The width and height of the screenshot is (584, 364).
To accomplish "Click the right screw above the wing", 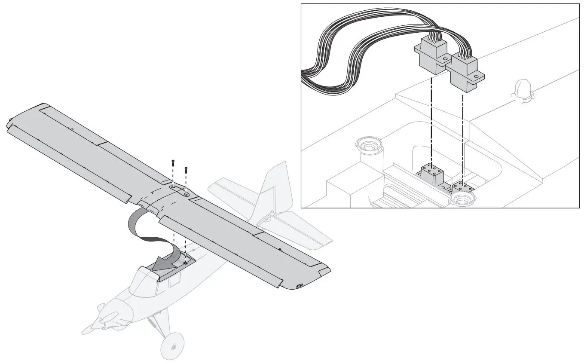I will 186,169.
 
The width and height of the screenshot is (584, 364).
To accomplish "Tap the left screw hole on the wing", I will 172,187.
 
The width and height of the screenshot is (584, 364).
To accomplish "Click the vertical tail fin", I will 275,189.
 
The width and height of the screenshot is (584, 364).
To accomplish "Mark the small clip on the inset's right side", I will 521,91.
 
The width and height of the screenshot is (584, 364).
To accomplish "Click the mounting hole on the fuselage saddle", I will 185,262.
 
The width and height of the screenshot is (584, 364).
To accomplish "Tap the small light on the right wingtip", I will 300,286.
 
